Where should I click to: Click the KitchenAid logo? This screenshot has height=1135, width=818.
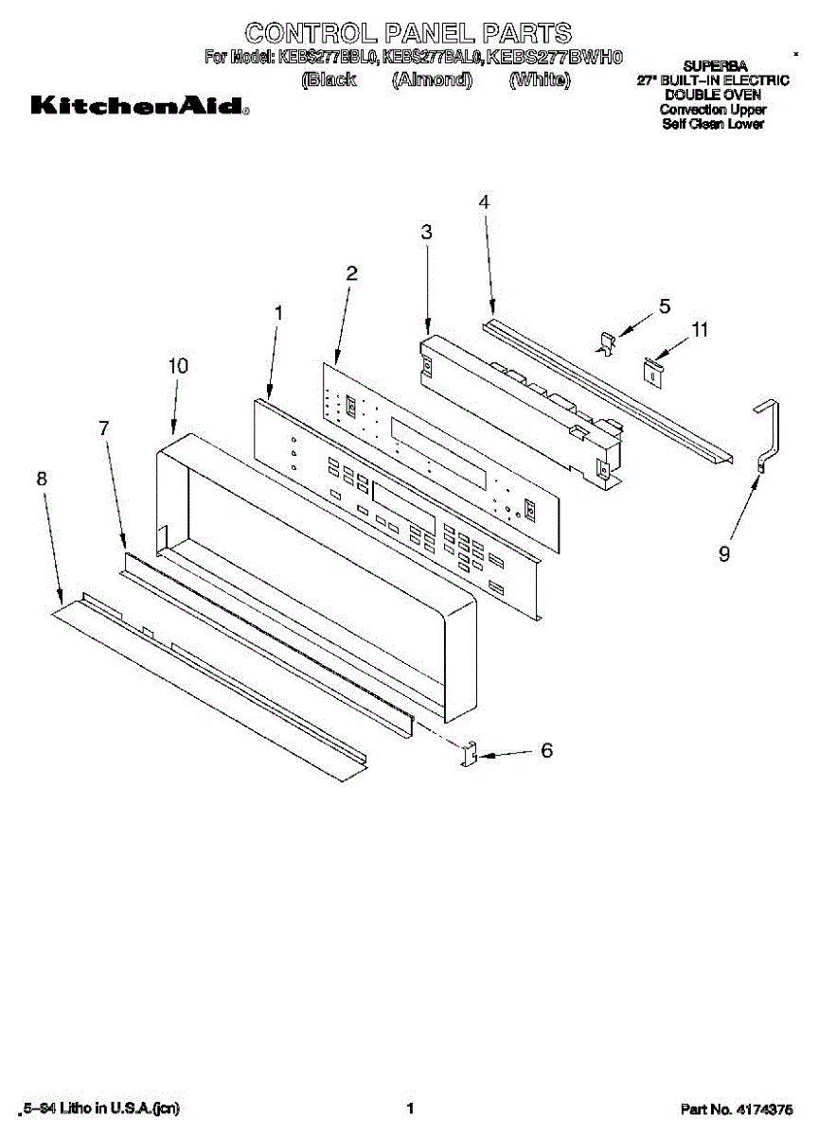[x=140, y=107]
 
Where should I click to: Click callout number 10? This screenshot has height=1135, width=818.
[x=178, y=365]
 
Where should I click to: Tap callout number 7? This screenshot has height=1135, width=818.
[x=104, y=428]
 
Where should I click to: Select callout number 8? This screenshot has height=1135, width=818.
[x=42, y=479]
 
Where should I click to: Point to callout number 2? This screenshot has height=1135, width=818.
[x=352, y=273]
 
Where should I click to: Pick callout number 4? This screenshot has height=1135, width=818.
[x=484, y=201]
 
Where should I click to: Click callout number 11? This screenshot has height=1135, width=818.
[x=700, y=330]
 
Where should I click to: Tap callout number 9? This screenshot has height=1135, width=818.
[x=724, y=555]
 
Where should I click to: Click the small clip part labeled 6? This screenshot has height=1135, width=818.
[x=469, y=756]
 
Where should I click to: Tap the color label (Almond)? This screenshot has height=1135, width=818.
[x=432, y=79]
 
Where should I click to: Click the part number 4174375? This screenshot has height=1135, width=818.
[x=765, y=1109]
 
